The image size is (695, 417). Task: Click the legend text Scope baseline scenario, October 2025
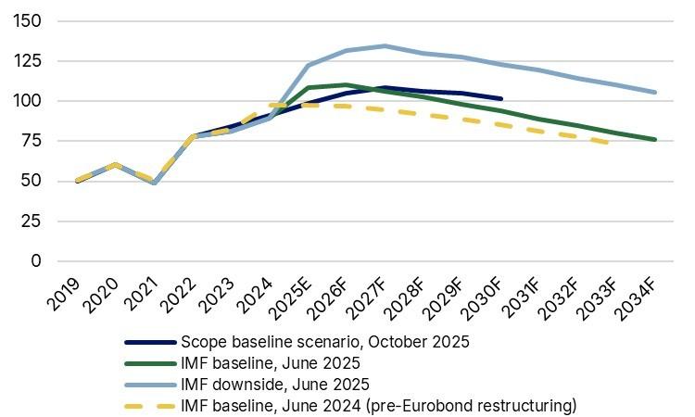tap(325, 341)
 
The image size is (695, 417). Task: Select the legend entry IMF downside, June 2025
tap(275, 384)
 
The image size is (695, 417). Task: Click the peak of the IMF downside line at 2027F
tap(385, 45)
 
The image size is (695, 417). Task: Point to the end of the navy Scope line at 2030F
tap(500, 98)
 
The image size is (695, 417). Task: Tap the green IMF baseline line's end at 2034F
tap(655, 140)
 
